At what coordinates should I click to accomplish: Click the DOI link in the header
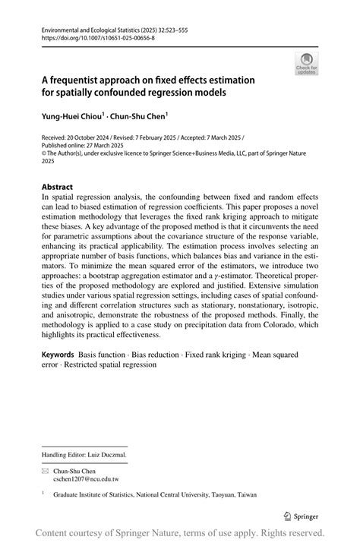pos(93,36)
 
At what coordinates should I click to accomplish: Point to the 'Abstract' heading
pos(57,187)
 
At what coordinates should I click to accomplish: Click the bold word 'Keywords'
pos(58,355)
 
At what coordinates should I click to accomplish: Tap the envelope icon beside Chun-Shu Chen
pos(45,471)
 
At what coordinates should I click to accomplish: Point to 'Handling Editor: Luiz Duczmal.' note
pos(84,455)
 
